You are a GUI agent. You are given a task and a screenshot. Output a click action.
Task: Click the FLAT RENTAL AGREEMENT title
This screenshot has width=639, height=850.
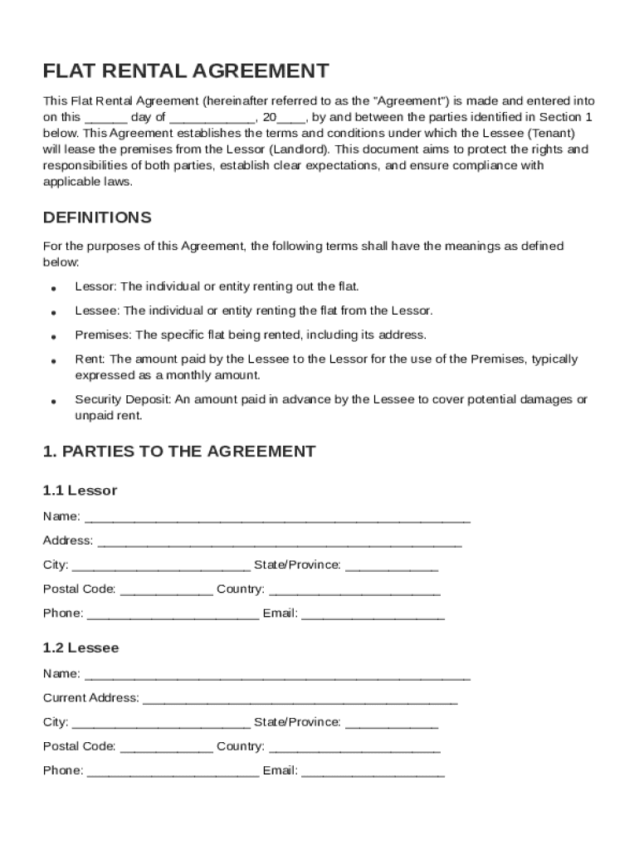(x=186, y=71)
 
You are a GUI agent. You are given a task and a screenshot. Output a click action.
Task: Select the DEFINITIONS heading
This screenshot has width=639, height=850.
(x=97, y=217)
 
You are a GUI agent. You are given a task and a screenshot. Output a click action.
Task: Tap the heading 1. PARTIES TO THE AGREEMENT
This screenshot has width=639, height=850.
(x=179, y=452)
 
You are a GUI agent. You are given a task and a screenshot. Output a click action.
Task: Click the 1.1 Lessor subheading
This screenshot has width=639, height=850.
(x=80, y=491)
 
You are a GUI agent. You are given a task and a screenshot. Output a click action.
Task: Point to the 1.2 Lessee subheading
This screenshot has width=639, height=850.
(x=80, y=647)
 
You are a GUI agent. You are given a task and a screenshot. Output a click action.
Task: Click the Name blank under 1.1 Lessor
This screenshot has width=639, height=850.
(x=277, y=519)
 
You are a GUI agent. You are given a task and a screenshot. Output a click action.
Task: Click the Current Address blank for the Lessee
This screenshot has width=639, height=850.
(x=300, y=700)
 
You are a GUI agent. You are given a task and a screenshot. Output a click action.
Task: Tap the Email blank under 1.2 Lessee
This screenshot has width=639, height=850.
(x=373, y=773)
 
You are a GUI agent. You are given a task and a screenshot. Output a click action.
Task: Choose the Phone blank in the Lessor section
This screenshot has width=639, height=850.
(x=173, y=616)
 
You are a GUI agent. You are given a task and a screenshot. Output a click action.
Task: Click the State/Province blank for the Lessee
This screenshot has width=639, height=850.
(x=391, y=724)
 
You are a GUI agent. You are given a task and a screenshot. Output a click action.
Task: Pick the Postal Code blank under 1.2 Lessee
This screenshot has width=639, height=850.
(x=166, y=749)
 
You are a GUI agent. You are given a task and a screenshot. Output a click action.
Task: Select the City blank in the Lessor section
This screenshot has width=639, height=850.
(x=161, y=567)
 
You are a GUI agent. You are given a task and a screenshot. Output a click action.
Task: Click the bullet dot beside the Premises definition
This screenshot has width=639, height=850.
(x=53, y=337)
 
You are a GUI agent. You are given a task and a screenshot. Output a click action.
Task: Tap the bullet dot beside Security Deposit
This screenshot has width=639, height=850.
(x=53, y=401)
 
